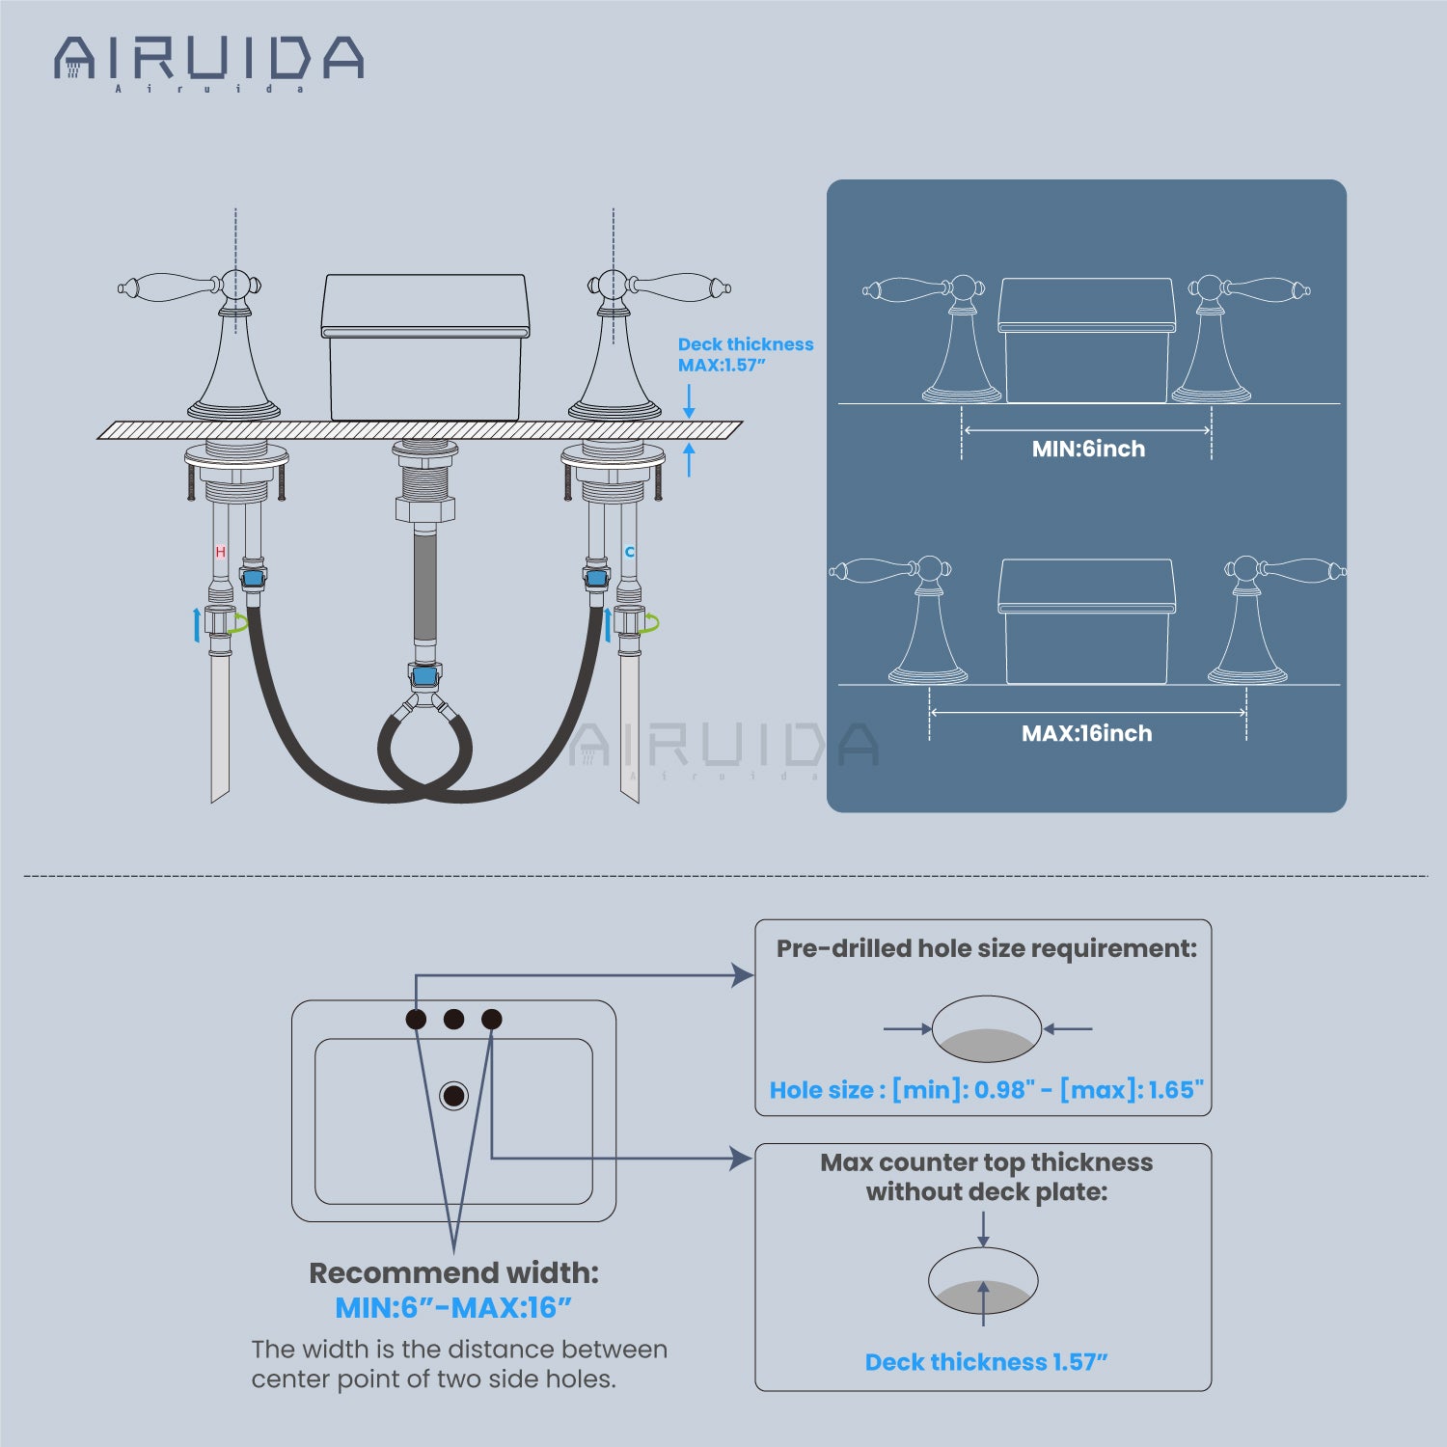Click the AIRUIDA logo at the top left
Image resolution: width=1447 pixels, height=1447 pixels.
point(208,60)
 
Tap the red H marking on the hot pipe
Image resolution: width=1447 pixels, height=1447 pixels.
point(220,552)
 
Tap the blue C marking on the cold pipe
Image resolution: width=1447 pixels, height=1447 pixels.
point(630,552)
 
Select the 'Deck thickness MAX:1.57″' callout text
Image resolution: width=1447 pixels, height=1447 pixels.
point(745,354)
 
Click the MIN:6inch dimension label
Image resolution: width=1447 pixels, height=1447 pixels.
point(1088,449)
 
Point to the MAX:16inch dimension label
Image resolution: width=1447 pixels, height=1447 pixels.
point(1086,733)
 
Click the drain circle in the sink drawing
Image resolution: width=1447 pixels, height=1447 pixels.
point(453,1095)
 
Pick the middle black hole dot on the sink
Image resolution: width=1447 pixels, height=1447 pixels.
point(453,1019)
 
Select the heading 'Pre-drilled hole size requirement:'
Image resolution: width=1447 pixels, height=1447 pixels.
point(986,948)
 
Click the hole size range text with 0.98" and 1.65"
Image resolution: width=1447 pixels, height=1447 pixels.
point(986,1090)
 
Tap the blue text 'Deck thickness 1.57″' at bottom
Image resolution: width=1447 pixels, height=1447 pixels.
point(986,1362)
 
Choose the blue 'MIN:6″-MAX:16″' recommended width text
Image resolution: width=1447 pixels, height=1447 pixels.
point(453,1308)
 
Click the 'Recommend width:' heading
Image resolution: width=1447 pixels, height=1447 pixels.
point(453,1272)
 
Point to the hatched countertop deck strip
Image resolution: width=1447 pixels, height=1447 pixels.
point(421,430)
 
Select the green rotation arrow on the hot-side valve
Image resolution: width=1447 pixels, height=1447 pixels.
point(236,623)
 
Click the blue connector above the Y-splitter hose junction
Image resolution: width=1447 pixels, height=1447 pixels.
point(423,675)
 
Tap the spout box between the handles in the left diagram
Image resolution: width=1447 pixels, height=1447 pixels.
point(425,347)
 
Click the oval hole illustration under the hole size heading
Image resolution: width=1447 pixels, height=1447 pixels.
point(986,1029)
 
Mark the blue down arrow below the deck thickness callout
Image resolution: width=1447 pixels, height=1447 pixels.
point(689,400)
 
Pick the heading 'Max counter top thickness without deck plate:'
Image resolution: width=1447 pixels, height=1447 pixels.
point(986,1177)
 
